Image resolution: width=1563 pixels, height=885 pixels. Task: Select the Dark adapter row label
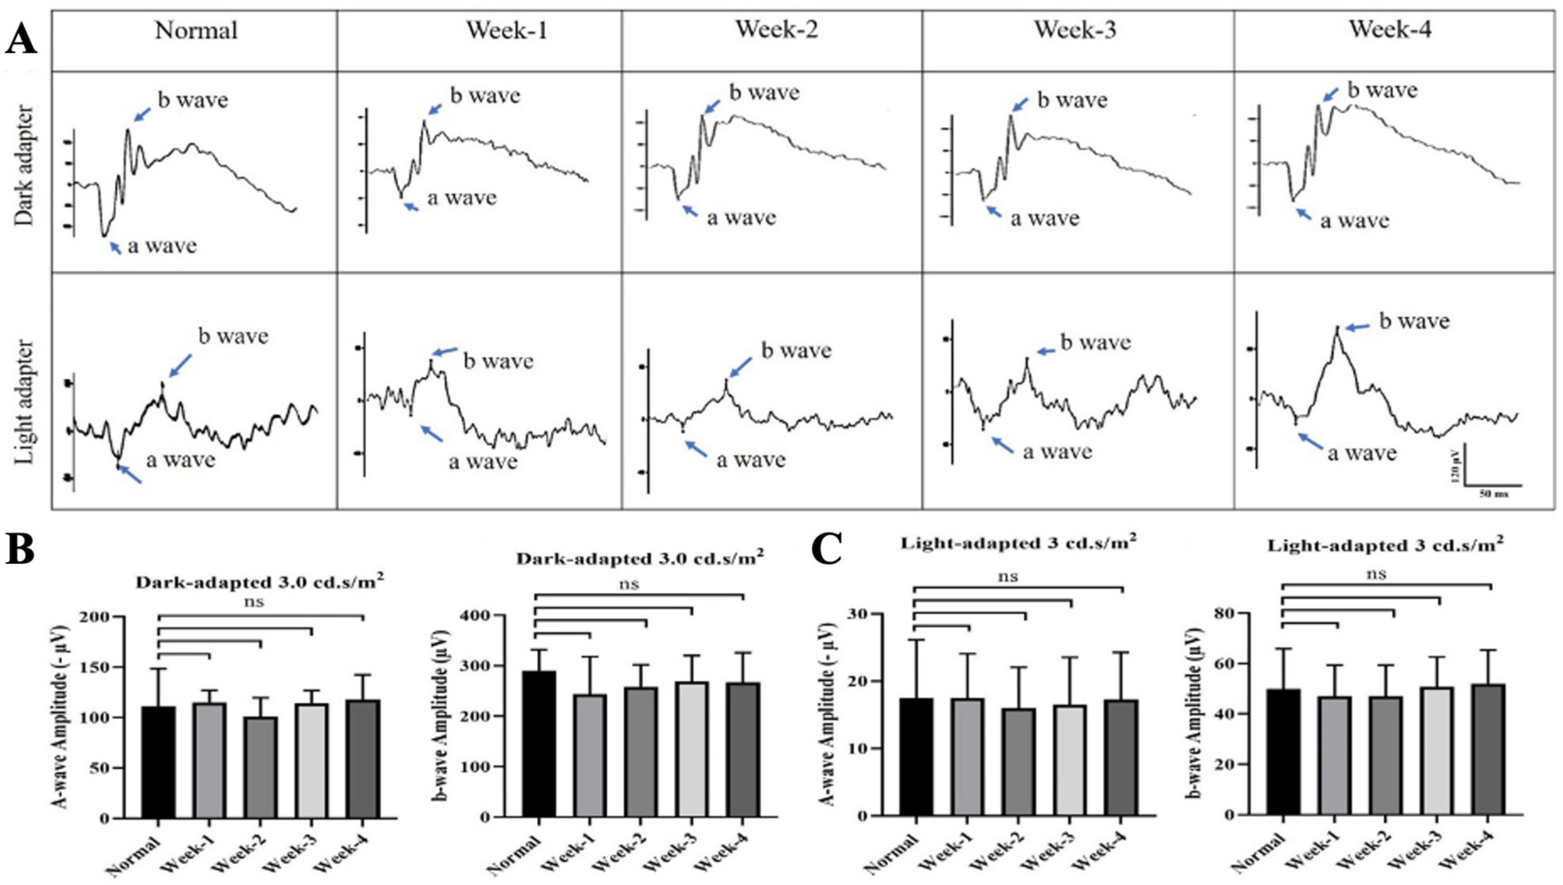[26, 166]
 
